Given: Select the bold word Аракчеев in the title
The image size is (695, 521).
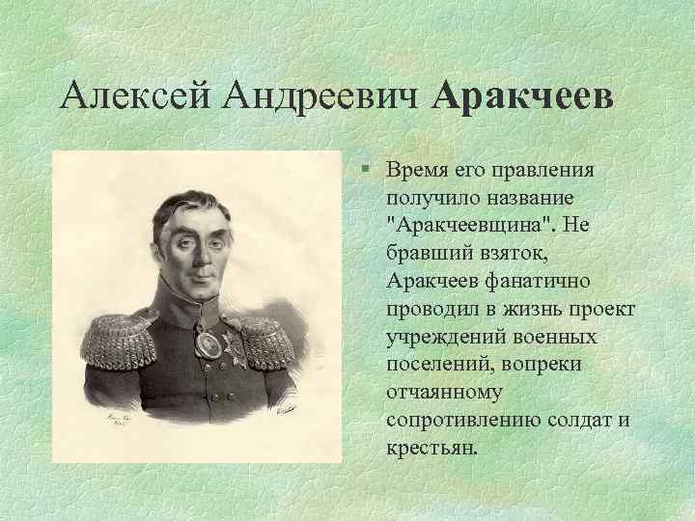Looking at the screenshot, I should coord(523,96).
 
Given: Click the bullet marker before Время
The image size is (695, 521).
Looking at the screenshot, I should coord(370,171).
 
